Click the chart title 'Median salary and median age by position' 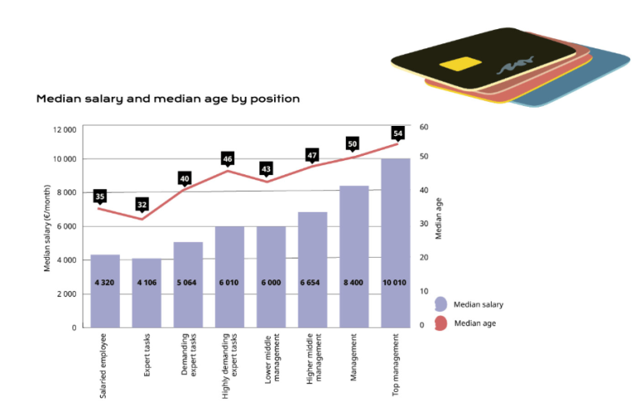coord(167,98)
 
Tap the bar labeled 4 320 coord(105,291)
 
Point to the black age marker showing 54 coord(397,133)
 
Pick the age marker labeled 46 coord(227,158)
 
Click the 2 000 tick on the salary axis coord(66,294)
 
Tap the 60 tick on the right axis coord(423,127)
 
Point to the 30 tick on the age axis coord(423,224)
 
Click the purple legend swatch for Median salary coord(441,304)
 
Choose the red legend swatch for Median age coord(441,323)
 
